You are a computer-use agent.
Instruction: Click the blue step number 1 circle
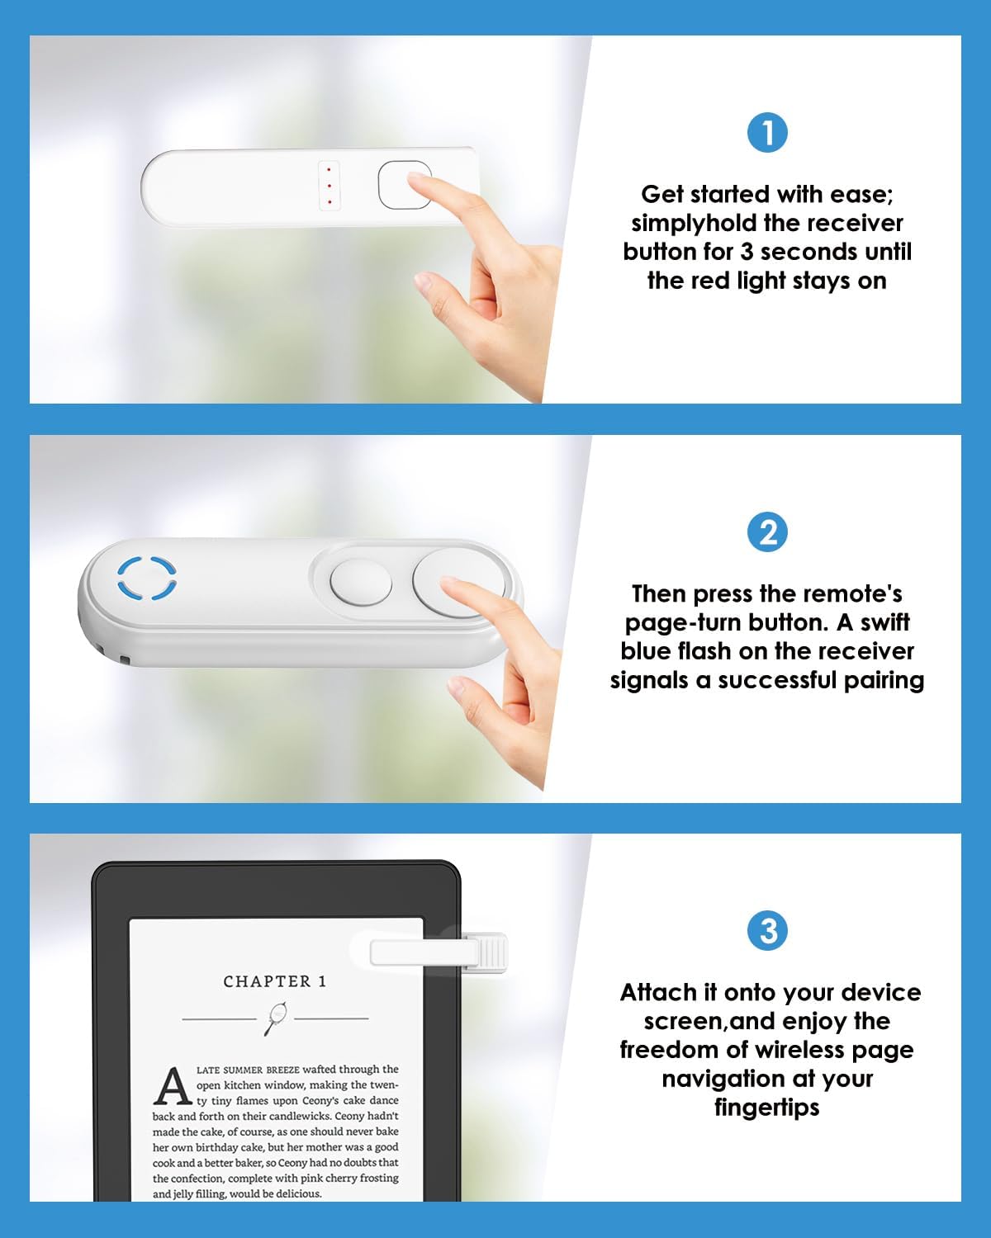click(767, 132)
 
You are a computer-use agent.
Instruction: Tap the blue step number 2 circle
click(767, 532)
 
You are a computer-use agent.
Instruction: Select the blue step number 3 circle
click(767, 931)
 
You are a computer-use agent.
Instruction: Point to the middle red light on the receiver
click(329, 186)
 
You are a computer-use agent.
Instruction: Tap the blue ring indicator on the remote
click(147, 578)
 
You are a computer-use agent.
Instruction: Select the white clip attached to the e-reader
click(438, 952)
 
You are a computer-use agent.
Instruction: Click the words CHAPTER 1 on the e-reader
click(275, 981)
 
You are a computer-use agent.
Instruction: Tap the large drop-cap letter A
click(173, 1087)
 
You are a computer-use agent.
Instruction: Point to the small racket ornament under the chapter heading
click(276, 1018)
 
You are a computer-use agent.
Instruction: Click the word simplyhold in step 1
click(694, 224)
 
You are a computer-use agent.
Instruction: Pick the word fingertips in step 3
click(767, 1107)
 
